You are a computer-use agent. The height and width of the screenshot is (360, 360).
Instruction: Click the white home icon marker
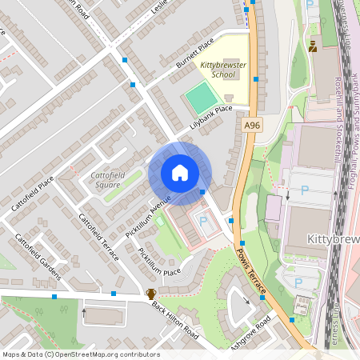tap(180, 172)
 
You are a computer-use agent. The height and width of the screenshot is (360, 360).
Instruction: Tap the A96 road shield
tap(253, 126)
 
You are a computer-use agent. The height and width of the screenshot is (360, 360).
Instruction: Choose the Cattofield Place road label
tap(33, 192)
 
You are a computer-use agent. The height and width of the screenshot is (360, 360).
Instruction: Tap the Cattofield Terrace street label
tap(98, 237)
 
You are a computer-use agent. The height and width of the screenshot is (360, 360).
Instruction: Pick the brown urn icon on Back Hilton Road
tap(150, 294)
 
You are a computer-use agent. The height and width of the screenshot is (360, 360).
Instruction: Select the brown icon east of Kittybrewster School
tap(312, 46)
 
